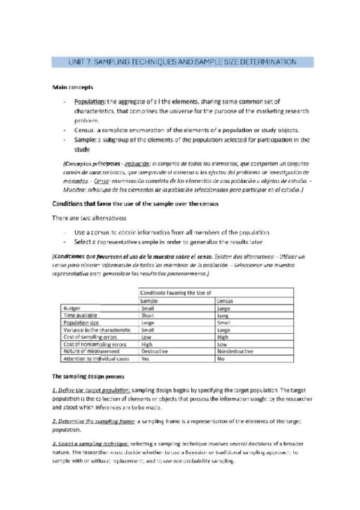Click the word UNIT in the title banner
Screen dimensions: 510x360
pyautogui.click(x=64, y=62)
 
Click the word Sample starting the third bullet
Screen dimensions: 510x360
pyautogui.click(x=86, y=140)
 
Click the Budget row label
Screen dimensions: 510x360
pyautogui.click(x=73, y=308)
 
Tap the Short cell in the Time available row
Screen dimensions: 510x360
pyautogui.click(x=147, y=315)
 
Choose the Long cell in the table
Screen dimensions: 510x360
pyautogui.click(x=223, y=315)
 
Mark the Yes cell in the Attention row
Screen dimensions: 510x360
pyautogui.click(x=145, y=359)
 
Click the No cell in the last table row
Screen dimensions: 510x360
pyautogui.click(x=221, y=359)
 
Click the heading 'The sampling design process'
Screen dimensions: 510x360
pyautogui.click(x=88, y=376)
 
